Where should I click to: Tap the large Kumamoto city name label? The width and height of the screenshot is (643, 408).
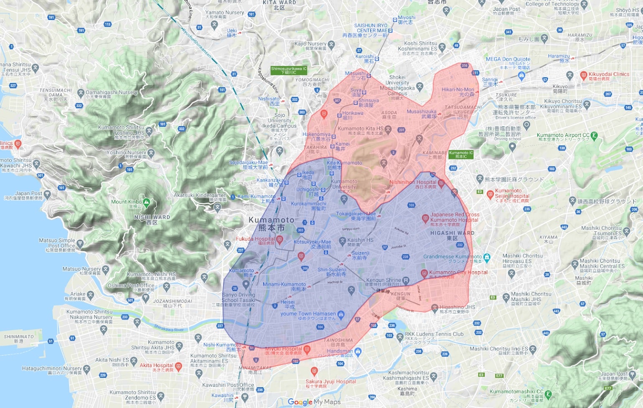(x=272, y=224)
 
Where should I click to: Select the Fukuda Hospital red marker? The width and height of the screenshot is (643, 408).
(x=280, y=239)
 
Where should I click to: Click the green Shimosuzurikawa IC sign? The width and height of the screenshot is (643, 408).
(x=289, y=70)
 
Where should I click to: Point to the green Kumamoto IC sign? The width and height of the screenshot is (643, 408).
(x=461, y=155)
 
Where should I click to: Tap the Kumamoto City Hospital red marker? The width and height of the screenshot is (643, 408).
(x=424, y=273)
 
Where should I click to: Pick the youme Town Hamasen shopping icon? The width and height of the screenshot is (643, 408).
(x=341, y=314)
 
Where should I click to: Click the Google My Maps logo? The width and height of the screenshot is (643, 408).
(x=314, y=402)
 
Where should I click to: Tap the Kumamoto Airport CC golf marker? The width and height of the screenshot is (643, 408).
(x=594, y=135)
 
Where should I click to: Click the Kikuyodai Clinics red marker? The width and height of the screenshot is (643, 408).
(x=584, y=75)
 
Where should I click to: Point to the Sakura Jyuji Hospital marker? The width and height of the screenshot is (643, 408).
(x=314, y=371)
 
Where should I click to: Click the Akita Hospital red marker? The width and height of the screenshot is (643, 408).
(x=178, y=366)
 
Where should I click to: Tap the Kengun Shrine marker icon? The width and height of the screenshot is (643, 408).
(x=405, y=280)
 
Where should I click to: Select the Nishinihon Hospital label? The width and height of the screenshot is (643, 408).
(x=412, y=182)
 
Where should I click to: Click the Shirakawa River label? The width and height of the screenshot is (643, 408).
(x=169, y=329)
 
